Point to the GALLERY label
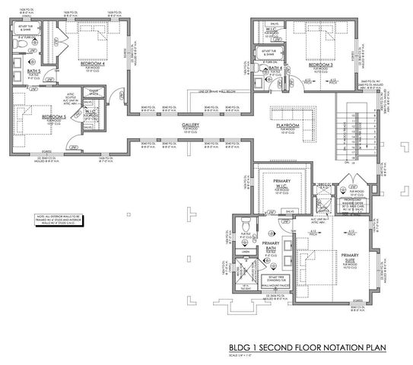pos(190,124)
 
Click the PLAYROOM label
pos(287,124)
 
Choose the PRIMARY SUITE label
pos(350,256)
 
